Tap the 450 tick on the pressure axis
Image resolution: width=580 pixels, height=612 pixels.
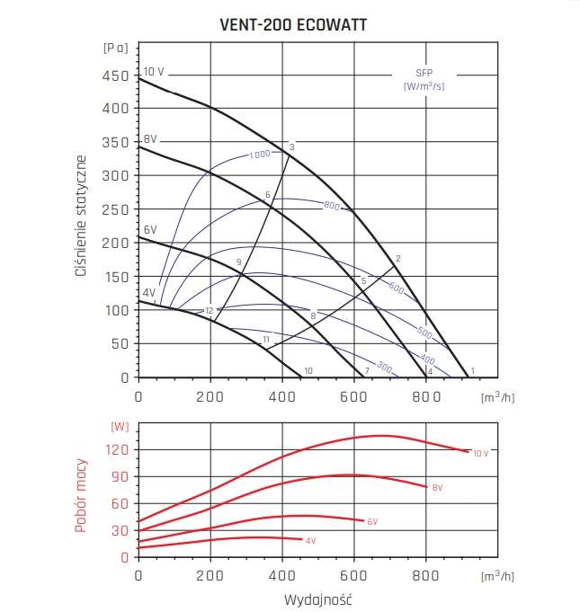115,76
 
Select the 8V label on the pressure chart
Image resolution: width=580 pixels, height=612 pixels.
150,139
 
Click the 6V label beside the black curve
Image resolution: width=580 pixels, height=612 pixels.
150,231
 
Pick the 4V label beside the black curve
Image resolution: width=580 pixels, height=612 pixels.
148,293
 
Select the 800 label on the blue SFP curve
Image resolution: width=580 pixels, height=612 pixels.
331,207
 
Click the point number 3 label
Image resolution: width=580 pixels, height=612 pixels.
292,146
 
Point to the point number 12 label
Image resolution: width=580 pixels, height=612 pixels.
209,311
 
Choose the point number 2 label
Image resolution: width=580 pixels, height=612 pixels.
397,259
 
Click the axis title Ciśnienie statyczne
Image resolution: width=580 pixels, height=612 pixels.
81,216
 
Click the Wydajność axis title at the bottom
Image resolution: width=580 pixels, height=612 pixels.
317,598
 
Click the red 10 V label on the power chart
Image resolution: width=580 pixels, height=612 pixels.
481,453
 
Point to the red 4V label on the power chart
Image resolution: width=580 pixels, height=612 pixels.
310,540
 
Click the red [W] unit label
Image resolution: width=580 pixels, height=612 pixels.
118,425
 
